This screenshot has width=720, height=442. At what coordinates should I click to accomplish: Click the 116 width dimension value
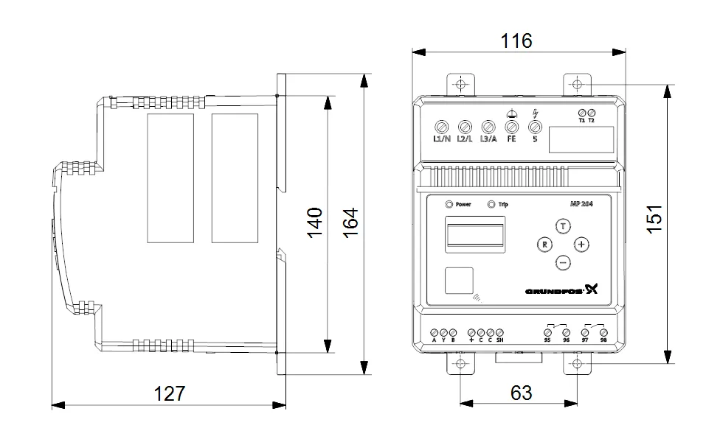point(516,41)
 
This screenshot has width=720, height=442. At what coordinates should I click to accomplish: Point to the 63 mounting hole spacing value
point(521,393)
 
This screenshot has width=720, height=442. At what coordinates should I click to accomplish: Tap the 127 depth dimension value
point(170,393)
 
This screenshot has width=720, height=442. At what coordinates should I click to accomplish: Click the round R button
point(544,244)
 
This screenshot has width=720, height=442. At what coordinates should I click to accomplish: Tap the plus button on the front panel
point(582,244)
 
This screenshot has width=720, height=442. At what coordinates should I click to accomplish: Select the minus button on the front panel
point(563,262)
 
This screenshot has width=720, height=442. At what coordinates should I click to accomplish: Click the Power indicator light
point(449,204)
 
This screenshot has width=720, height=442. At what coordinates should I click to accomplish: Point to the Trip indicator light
point(492,204)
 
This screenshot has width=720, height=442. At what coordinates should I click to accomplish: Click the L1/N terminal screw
point(442,126)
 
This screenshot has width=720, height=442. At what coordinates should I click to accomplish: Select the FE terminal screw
point(511,126)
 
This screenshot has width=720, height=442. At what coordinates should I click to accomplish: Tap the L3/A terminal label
point(488,138)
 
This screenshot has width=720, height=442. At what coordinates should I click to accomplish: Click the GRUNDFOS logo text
point(553,291)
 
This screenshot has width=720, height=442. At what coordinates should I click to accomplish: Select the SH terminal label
point(499,341)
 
